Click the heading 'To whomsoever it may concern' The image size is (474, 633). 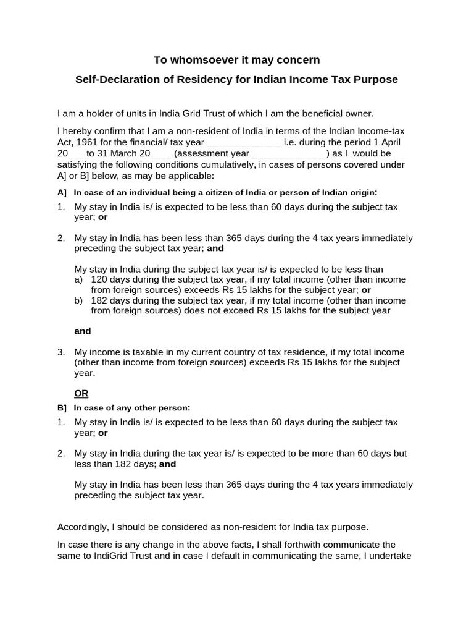tap(236, 60)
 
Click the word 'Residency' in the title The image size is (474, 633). tap(193, 80)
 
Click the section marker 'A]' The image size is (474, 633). tap(62, 192)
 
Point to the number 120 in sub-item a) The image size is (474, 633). tap(99, 279)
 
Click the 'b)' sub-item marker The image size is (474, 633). tap(78, 300)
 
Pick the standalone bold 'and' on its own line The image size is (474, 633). tap(83, 331)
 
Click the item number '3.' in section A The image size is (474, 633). tap(62, 352)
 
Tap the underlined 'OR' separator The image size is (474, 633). tap(81, 393)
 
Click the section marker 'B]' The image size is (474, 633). tap(62, 408)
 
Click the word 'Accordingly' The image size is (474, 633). tap(82, 527)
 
